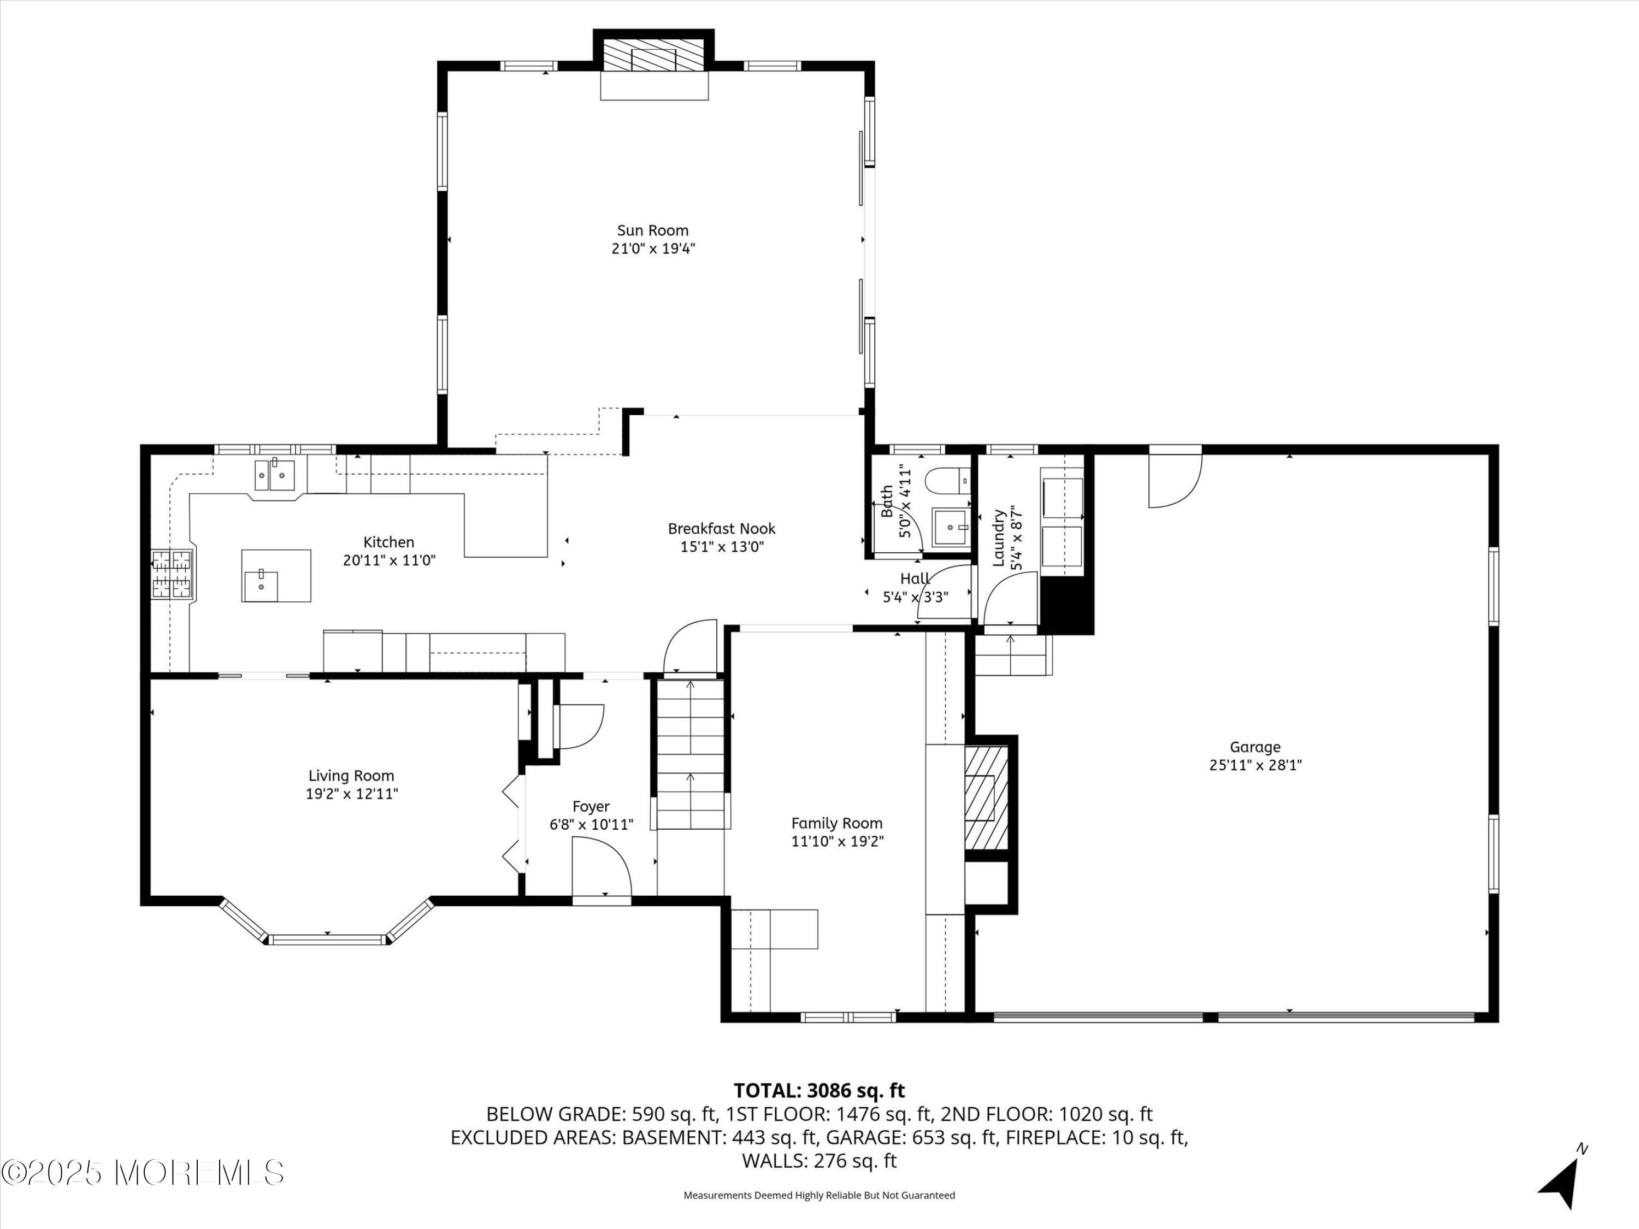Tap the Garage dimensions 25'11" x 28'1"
1255,765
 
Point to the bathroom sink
950,528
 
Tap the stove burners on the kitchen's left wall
172,574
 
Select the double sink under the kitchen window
275,474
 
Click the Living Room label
351,776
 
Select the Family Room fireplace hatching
986,797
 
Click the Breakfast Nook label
721,528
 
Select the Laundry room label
998,538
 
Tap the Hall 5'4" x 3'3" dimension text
915,596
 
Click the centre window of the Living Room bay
327,940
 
